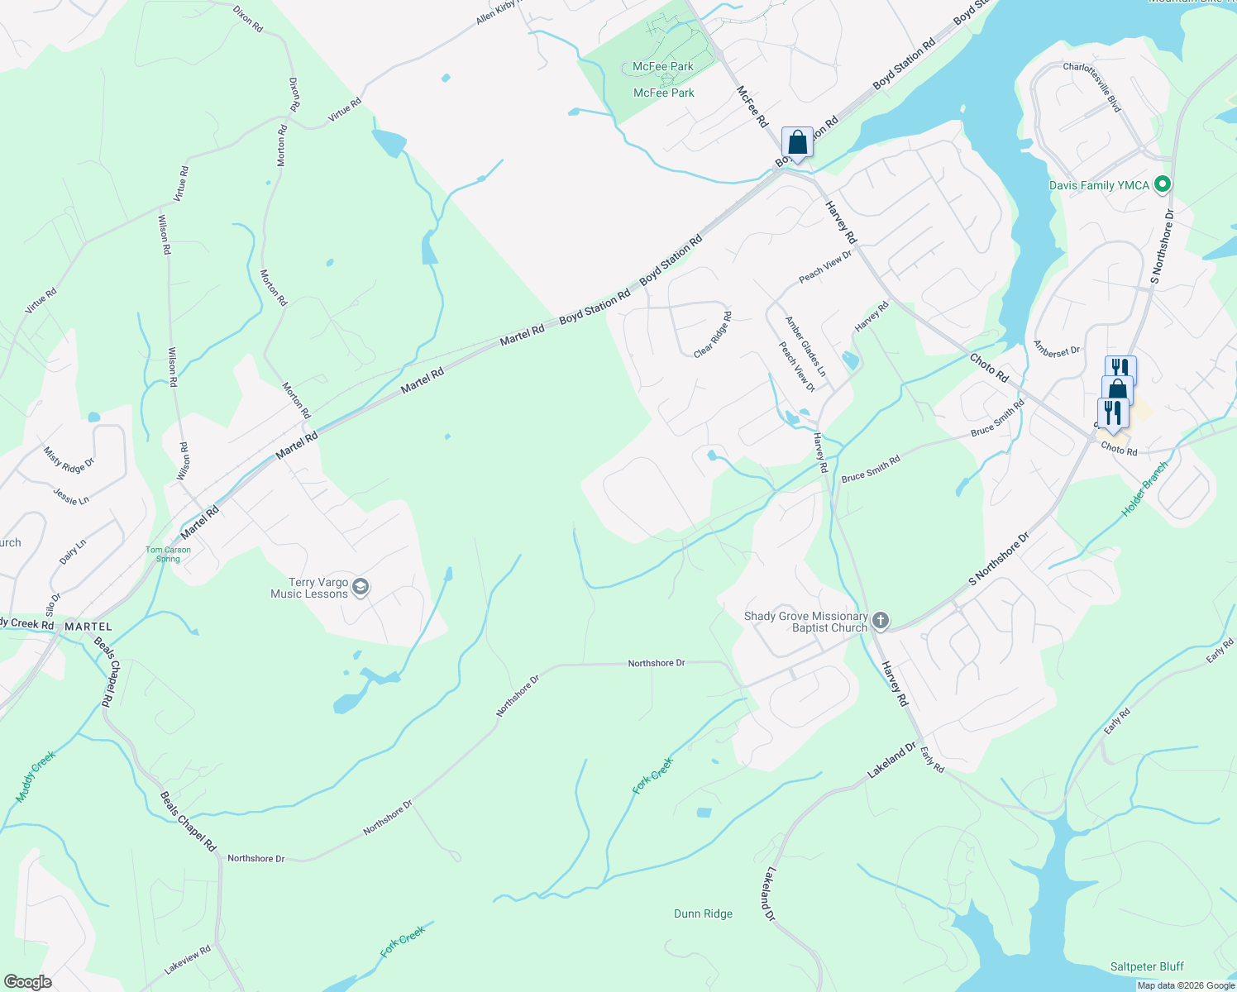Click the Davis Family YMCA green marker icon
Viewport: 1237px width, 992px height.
(1162, 184)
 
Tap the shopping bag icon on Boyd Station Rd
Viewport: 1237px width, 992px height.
(797, 141)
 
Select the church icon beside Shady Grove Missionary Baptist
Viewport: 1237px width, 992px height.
(881, 621)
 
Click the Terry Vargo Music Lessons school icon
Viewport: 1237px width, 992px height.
(360, 587)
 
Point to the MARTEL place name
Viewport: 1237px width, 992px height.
(88, 627)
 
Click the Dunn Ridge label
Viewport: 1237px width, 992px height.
(703, 913)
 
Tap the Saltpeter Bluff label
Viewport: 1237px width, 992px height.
(1147, 966)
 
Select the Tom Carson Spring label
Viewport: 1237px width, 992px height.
(168, 554)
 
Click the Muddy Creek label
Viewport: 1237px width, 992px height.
(36, 776)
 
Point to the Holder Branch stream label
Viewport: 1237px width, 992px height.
(1144, 489)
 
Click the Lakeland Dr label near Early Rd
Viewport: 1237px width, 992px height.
(891, 761)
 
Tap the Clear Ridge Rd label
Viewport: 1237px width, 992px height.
(713, 334)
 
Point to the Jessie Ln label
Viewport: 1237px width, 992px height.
(71, 496)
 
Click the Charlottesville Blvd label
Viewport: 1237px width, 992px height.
(1092, 87)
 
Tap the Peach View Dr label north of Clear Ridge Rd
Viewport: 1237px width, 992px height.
(825, 267)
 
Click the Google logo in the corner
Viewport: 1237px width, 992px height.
(28, 981)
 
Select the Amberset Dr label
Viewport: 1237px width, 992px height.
(1057, 351)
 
